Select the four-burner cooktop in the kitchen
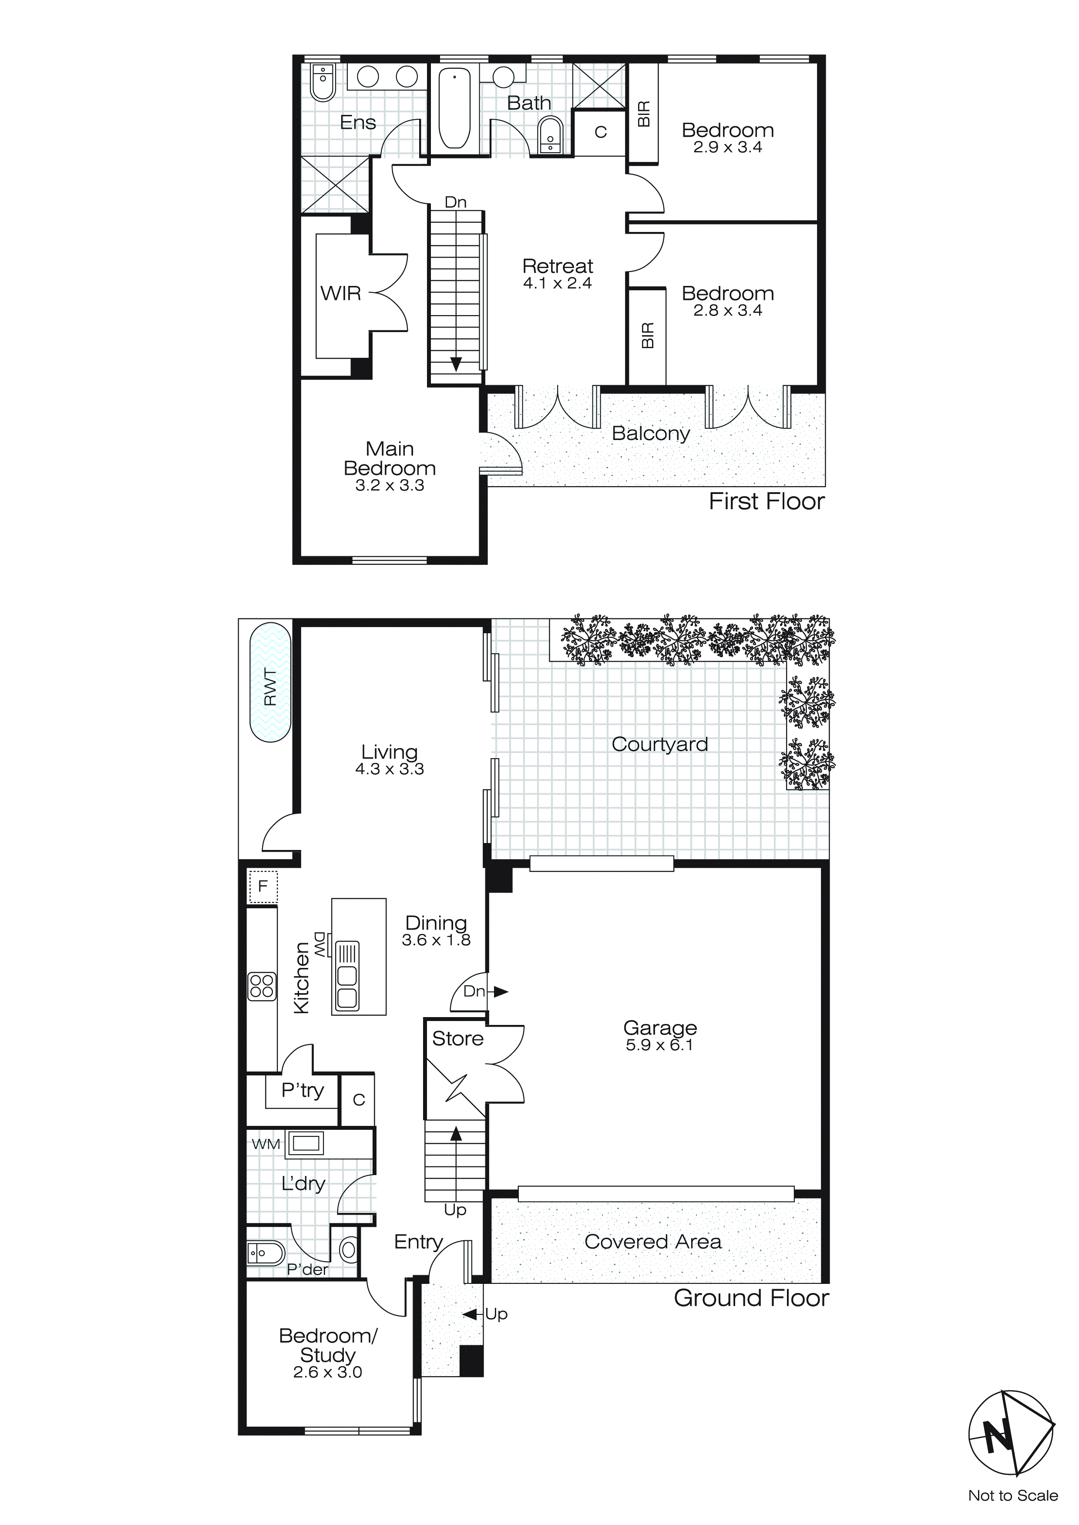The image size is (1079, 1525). pyautogui.click(x=262, y=986)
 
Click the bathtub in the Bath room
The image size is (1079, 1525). pyautogui.click(x=454, y=107)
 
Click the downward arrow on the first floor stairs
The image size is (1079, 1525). pyautogui.click(x=456, y=363)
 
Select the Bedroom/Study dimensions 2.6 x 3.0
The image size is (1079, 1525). pyautogui.click(x=328, y=1372)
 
